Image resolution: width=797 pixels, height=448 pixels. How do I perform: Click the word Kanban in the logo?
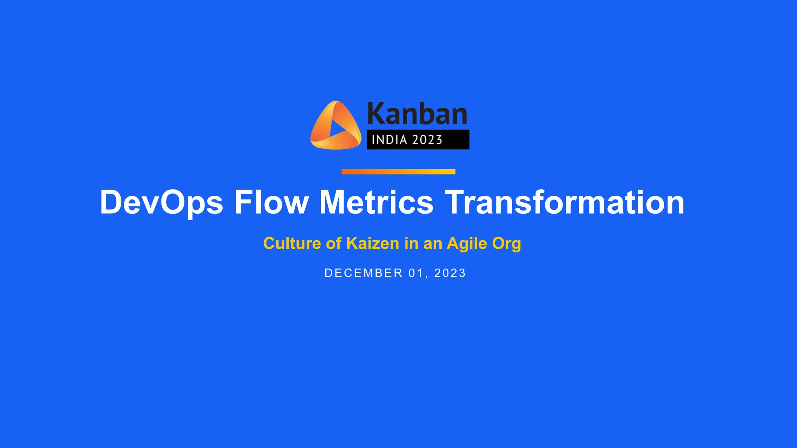pos(417,114)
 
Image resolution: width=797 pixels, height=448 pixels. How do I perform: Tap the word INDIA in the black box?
pos(389,140)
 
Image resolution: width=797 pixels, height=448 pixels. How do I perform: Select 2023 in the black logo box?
pos(427,140)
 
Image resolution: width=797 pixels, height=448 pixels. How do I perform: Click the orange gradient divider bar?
pos(398,172)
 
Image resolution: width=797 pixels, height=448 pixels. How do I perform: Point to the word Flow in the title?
pos(271,203)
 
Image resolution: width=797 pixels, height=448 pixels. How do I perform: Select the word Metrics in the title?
pos(376,203)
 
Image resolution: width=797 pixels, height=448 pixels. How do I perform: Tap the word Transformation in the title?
pos(564,203)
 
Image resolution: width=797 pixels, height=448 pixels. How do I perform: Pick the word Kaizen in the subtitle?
pos(372,244)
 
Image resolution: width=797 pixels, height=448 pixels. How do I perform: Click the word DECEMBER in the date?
pos(363,273)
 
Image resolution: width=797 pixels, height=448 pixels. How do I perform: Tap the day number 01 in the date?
pos(416,273)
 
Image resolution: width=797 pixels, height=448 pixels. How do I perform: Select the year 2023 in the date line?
pos(450,273)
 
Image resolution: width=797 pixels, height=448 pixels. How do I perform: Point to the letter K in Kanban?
pos(376,114)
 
